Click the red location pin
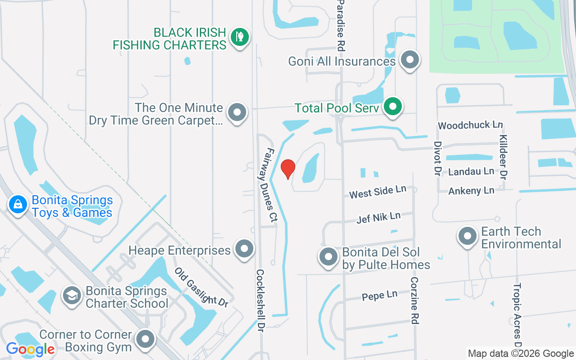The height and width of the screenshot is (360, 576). coord(288,168)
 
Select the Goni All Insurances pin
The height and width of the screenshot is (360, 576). coord(409,59)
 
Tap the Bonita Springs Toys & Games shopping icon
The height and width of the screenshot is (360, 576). coord(18,204)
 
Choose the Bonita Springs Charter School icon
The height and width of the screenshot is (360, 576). coord(72,296)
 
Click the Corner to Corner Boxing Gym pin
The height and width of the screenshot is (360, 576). coord(145,339)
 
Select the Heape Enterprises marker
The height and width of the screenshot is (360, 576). coord(244,248)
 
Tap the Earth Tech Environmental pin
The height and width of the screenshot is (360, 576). coord(467,236)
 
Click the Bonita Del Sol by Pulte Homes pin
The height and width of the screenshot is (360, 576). coord(328,257)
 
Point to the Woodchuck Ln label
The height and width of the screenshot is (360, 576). coord(470,125)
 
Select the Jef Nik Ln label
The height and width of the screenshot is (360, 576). coord(378,218)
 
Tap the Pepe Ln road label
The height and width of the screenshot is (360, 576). coord(380,296)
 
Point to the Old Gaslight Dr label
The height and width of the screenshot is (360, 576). coord(201,288)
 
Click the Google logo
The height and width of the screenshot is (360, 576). coord(30,349)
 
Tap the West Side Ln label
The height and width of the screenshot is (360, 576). coord(378,192)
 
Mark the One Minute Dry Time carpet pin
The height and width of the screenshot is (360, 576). coord(237,112)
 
